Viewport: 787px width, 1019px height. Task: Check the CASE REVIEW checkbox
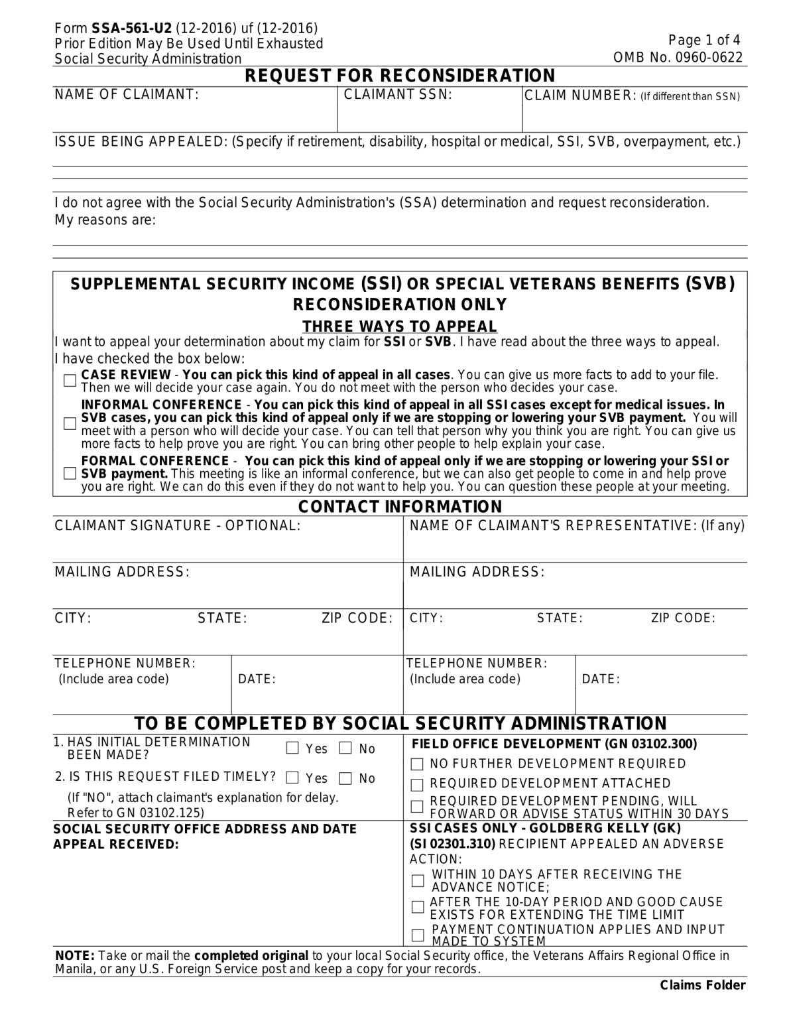[x=70, y=381]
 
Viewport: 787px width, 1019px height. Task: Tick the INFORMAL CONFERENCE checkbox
[x=70, y=423]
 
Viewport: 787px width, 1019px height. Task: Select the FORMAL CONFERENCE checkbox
[x=70, y=473]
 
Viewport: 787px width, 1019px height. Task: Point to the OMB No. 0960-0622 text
[x=678, y=58]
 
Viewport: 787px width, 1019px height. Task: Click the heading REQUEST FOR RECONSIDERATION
[x=400, y=76]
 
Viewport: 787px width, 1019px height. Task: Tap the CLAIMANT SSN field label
[x=398, y=95]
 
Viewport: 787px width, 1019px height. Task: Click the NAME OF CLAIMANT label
[x=127, y=95]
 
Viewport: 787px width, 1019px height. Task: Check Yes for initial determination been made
[x=292, y=748]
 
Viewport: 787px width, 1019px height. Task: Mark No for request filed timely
[x=345, y=778]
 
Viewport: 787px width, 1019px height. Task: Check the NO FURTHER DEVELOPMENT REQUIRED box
[x=417, y=764]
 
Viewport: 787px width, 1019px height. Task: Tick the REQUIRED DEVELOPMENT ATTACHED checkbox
[x=417, y=785]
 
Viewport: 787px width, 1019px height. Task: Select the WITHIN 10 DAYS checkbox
[x=418, y=880]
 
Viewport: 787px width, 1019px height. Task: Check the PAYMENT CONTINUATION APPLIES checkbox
[x=418, y=935]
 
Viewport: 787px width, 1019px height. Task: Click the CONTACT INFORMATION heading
[x=400, y=507]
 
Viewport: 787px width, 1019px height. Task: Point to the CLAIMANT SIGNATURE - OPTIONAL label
[x=177, y=526]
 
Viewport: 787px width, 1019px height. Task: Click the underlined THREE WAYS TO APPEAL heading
[x=400, y=326]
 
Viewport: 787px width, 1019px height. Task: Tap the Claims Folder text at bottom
[x=703, y=985]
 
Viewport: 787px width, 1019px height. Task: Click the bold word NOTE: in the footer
[x=74, y=956]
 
